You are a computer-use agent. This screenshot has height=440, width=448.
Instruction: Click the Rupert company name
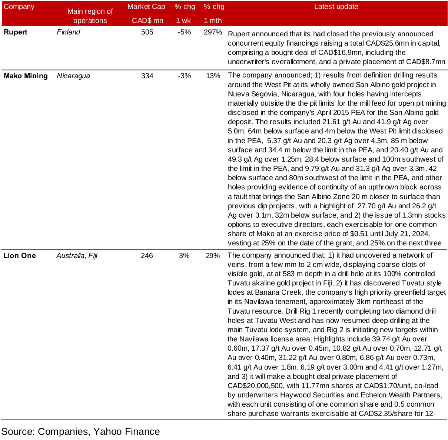tap(16, 32)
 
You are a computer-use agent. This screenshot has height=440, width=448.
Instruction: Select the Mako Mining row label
tap(26, 76)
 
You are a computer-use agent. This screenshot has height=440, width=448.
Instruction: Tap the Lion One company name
tap(20, 256)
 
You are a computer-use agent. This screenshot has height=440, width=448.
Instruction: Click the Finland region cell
tap(69, 32)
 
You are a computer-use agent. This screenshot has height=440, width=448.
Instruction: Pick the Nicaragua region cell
tap(73, 76)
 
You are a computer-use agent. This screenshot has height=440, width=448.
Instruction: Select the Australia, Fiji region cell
tap(77, 256)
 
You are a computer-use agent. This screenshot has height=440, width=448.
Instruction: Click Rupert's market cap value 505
tap(147, 32)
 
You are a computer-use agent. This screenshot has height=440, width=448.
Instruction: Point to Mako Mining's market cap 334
tap(147, 76)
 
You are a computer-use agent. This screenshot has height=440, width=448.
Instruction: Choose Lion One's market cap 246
tap(147, 256)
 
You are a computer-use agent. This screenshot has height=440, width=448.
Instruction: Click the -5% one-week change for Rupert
tap(184, 32)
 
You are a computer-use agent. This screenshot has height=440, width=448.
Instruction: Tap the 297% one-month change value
tap(213, 32)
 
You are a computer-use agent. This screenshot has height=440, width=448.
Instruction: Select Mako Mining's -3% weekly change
tap(184, 76)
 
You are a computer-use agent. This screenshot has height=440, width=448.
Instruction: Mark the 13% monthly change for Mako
tap(213, 76)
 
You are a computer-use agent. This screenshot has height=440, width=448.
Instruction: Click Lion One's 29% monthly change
tap(213, 256)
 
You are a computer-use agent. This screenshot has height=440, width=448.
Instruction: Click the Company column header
tap(19, 7)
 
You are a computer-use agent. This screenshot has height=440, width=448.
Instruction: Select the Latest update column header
tap(336, 7)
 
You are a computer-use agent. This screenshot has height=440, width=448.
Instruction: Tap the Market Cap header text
tap(146, 7)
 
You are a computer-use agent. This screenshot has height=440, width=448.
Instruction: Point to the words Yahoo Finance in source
tap(127, 432)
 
